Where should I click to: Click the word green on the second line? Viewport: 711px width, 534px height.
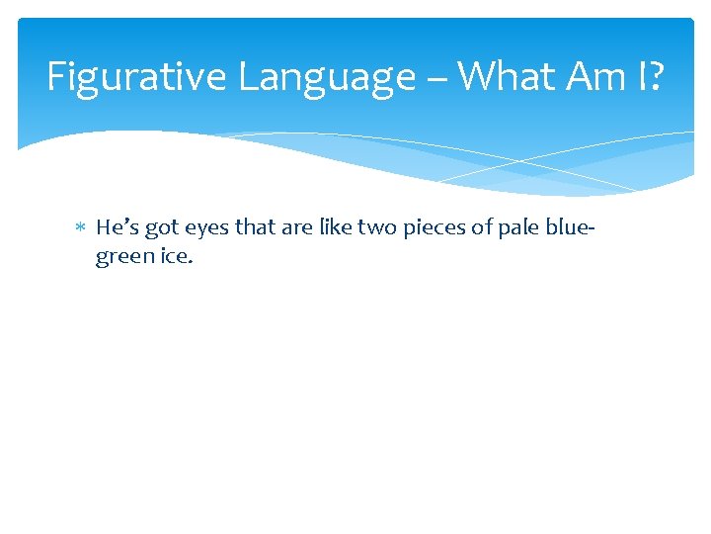click(122, 257)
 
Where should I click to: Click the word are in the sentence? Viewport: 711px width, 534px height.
click(295, 228)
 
